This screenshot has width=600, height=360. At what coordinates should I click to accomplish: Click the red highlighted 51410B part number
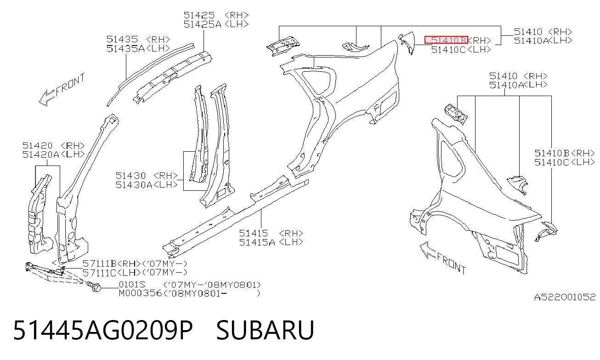click(x=446, y=40)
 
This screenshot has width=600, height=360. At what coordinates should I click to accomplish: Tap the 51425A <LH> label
click(x=216, y=24)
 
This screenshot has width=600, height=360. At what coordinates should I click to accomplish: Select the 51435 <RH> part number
click(x=138, y=39)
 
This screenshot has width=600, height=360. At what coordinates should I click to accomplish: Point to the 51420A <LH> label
click(x=54, y=154)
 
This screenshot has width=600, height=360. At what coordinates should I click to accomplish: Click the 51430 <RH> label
click(x=147, y=176)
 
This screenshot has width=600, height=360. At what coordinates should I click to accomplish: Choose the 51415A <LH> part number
click(x=271, y=242)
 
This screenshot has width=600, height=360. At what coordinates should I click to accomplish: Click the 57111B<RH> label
click(x=112, y=263)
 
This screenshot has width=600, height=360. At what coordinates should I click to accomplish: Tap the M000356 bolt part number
click(x=141, y=293)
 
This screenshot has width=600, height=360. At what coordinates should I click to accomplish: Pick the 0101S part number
click(x=132, y=284)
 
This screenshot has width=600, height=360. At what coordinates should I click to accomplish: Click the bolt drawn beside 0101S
click(x=93, y=286)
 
